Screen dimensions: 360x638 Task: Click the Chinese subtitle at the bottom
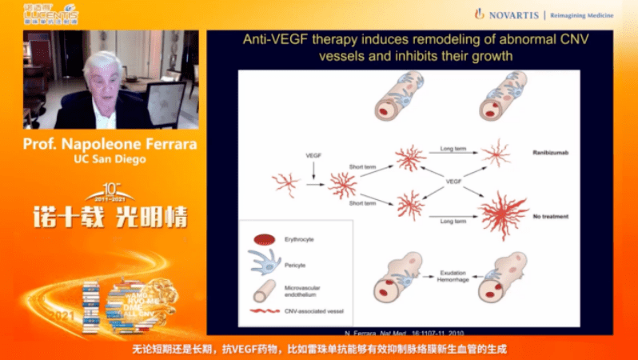(319, 350)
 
